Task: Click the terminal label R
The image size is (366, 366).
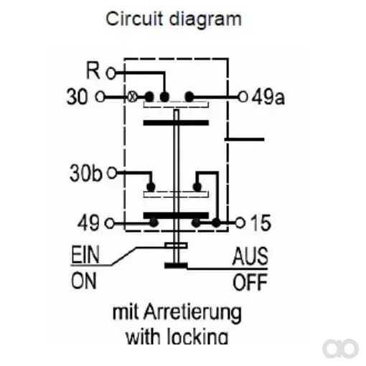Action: coord(93,71)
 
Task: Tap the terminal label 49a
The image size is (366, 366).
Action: coord(268,97)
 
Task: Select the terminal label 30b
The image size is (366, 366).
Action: coord(86,173)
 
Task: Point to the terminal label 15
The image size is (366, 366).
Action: coord(261,222)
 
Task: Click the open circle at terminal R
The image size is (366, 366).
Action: coord(111,73)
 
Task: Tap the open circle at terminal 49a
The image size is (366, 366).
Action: coord(243,97)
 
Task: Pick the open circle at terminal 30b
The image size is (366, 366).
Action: coord(112,173)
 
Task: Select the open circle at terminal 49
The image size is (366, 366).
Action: coord(110,224)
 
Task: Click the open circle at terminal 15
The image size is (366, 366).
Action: coord(240,223)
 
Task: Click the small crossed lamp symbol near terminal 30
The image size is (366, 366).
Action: coord(132,98)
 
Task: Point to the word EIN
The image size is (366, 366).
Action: coord(85,255)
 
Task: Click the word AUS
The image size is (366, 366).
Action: coord(250,256)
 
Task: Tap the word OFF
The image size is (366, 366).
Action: coord(250,282)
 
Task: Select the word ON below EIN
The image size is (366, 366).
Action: coord(84,281)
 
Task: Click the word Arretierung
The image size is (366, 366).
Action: coord(192,314)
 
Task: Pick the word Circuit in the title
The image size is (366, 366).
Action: coord(134,19)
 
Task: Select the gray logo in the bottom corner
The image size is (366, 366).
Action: coord(340,348)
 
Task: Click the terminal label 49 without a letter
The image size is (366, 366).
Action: coord(88,223)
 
